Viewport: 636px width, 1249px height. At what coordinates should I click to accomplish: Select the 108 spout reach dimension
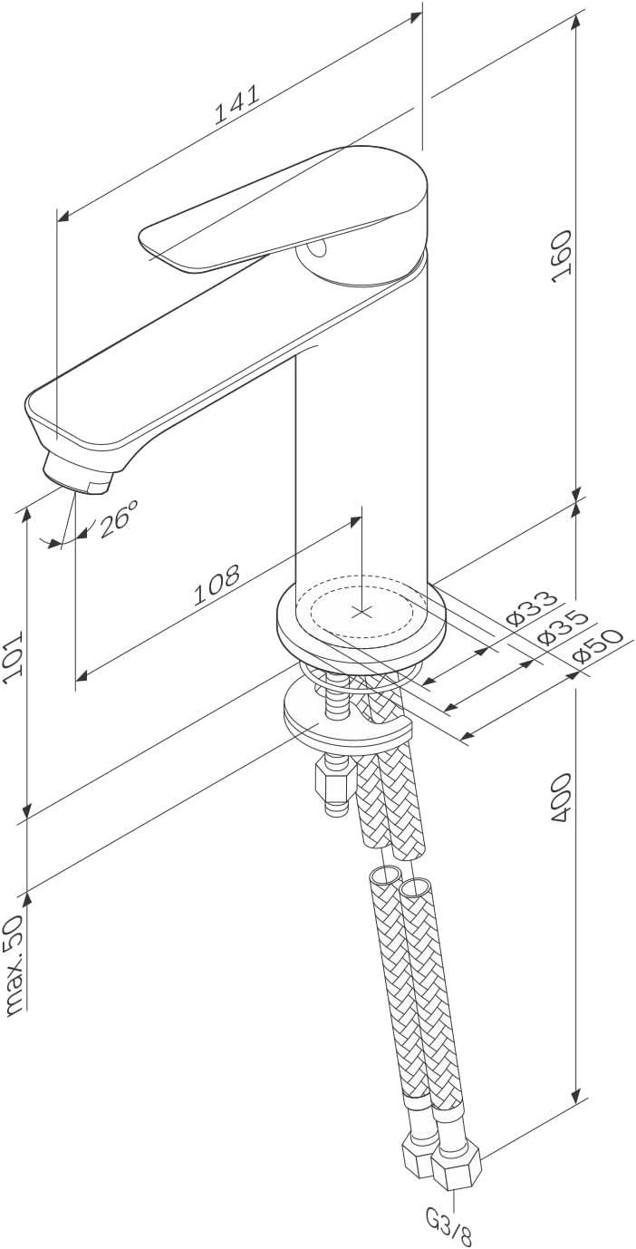click(x=217, y=585)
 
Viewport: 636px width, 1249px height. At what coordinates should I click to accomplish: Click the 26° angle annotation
click(x=119, y=518)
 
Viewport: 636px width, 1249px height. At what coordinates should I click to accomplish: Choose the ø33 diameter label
click(x=532, y=609)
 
